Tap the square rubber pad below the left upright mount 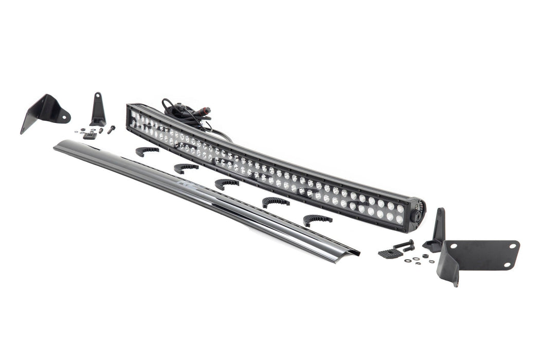tap(89, 136)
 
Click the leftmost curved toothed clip tap(147, 150)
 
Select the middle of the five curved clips tap(226, 183)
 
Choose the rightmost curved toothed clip tap(317, 220)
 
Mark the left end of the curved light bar tap(131, 115)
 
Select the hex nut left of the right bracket tap(426, 256)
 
